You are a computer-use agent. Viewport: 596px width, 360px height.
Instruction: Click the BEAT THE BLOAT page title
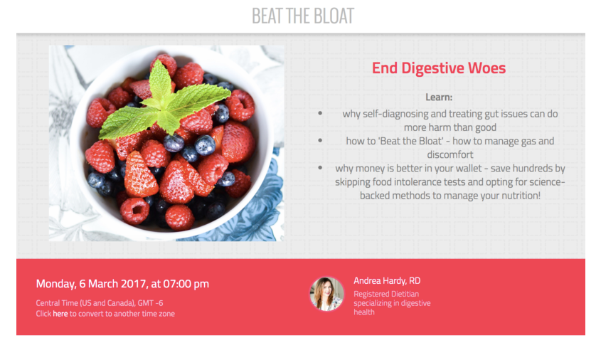point(303,16)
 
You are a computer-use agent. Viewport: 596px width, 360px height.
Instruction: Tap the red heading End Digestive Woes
point(439,68)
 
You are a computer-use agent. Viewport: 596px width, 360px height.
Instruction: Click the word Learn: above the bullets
point(439,97)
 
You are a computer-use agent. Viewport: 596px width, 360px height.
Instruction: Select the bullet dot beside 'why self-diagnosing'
point(320,113)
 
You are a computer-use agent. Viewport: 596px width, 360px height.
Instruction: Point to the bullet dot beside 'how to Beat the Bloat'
point(320,141)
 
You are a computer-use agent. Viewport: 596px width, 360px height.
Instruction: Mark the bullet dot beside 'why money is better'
point(320,168)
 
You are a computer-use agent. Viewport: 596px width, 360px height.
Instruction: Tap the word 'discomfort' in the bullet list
point(450,154)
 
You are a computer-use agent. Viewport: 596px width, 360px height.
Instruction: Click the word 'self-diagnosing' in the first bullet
point(395,114)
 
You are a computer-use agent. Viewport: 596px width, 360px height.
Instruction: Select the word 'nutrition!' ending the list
point(522,196)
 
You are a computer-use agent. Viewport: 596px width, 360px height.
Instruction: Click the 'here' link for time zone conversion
point(60,314)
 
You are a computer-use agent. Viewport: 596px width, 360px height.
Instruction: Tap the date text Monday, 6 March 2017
point(91,284)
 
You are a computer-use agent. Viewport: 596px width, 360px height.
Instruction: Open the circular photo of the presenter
point(326,294)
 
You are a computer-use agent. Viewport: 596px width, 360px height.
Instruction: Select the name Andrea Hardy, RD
point(387,281)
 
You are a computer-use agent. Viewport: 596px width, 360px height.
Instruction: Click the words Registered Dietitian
point(386,294)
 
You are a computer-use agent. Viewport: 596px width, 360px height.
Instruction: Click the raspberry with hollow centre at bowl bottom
point(134,211)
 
